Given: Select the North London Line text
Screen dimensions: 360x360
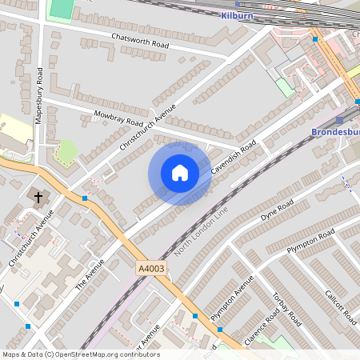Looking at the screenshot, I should click(201, 232).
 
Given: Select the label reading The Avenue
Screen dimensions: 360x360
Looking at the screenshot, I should click(90, 274).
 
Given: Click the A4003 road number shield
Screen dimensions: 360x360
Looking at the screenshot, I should click(150, 269).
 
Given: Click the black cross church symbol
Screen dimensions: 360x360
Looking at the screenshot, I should click(37, 196).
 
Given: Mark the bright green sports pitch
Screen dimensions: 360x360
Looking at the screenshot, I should click(60, 10).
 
